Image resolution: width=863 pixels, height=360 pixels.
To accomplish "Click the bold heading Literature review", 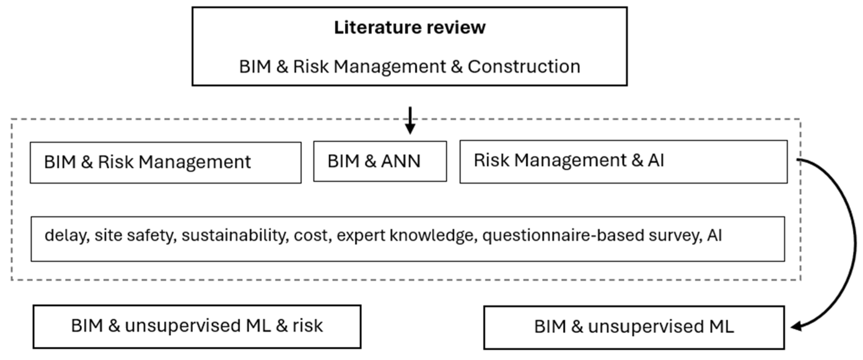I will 409,27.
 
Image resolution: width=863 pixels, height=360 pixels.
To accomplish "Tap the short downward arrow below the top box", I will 410,121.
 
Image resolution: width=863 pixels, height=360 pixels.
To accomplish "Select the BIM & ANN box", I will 380,161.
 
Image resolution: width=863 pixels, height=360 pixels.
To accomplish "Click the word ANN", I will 400,161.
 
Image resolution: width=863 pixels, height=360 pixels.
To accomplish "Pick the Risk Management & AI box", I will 623,162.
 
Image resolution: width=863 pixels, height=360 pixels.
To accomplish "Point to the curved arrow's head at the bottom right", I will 796,326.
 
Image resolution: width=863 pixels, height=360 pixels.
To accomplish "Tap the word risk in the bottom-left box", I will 308,326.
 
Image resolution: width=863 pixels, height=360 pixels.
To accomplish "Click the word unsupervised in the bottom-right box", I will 646,326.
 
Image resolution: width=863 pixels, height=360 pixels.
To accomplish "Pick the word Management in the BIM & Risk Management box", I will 195,162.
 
